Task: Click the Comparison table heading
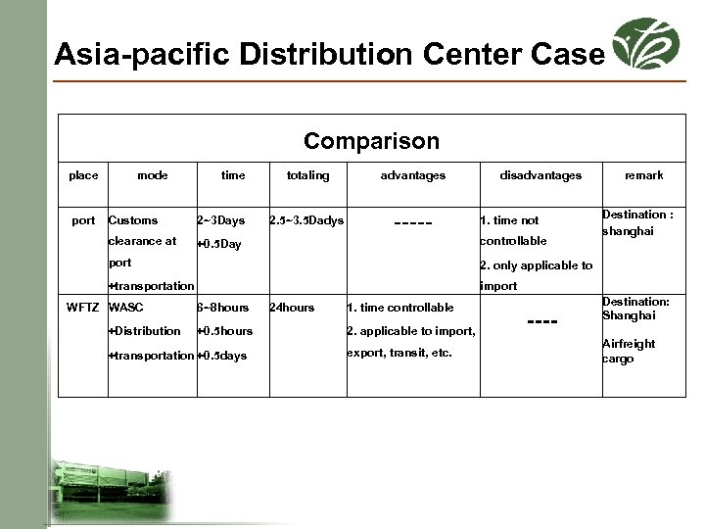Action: point(371,141)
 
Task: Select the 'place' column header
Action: point(83,175)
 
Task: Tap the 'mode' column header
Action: point(152,175)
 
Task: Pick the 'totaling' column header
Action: point(307,175)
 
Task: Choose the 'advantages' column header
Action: point(412,175)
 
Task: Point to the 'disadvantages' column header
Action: point(540,175)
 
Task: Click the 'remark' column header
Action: point(643,175)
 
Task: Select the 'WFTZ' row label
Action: point(83,308)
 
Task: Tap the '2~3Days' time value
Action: point(221,220)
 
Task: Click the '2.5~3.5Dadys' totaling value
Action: point(306,220)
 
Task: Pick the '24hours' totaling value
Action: point(292,308)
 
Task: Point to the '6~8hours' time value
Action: point(223,308)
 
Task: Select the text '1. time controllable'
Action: point(400,308)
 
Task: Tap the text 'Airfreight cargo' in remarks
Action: point(628,351)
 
